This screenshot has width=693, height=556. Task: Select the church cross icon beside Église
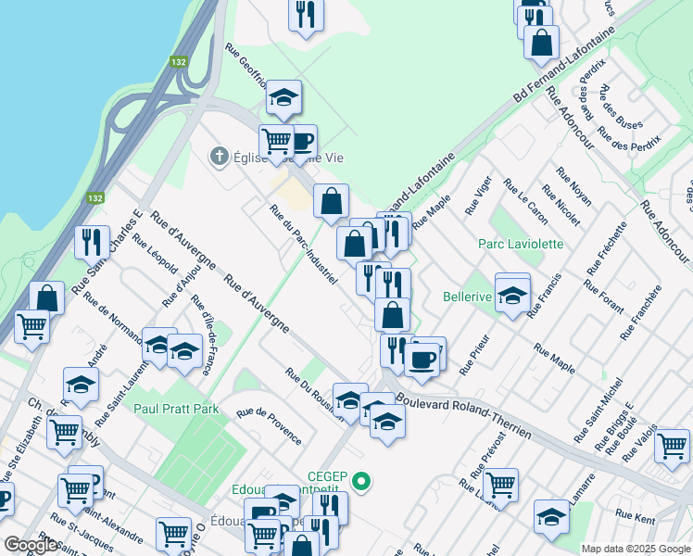pyautogui.click(x=219, y=156)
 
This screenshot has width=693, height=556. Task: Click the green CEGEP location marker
pyautogui.click(x=362, y=481)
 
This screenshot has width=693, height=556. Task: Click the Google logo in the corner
pyautogui.click(x=31, y=545)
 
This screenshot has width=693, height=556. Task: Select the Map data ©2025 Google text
pyautogui.click(x=635, y=549)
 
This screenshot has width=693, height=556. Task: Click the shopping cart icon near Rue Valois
pyautogui.click(x=672, y=445)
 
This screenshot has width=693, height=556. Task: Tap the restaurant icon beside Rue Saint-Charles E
pyautogui.click(x=90, y=242)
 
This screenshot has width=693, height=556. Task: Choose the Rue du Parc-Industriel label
pyautogui.click(x=302, y=245)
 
